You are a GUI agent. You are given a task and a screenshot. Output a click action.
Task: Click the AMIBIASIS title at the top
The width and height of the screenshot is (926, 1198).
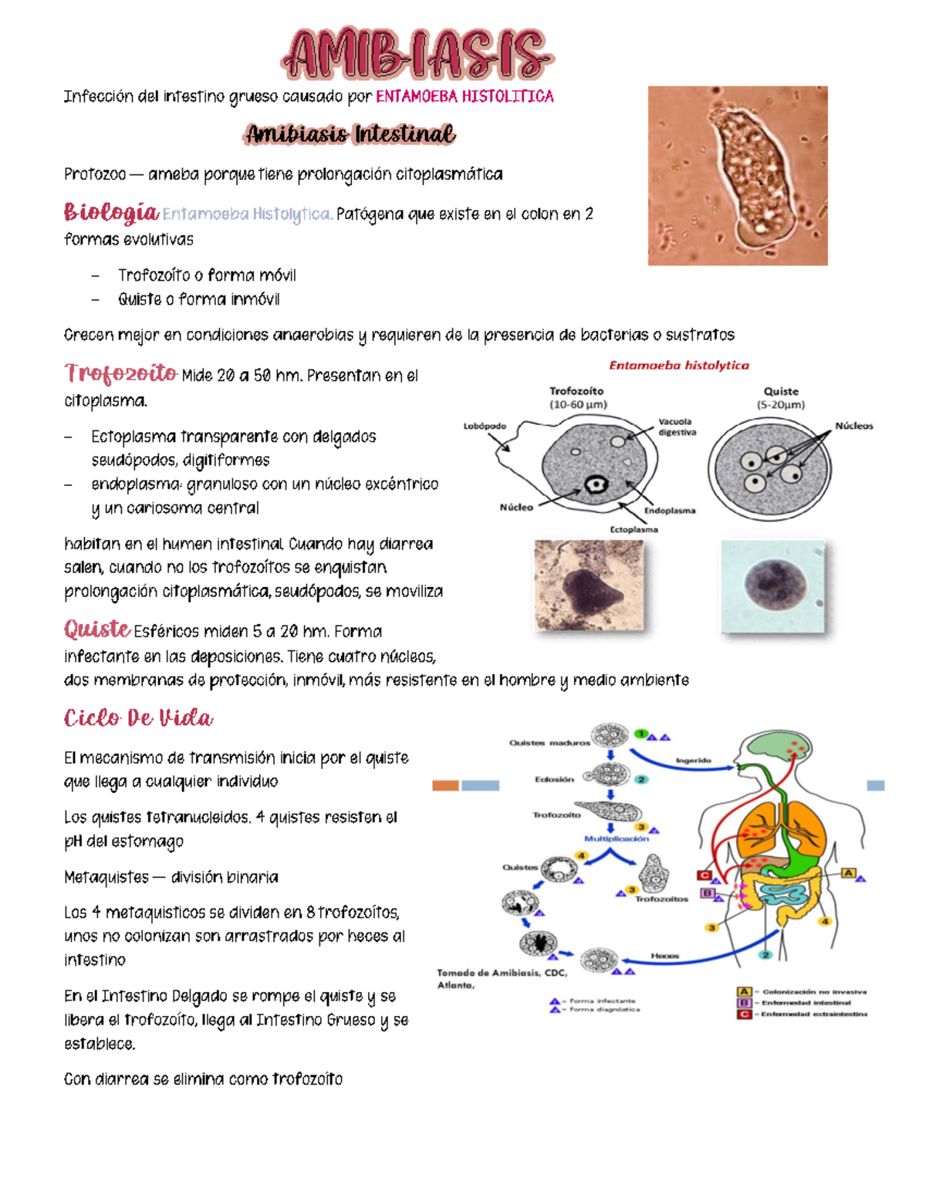point(417,56)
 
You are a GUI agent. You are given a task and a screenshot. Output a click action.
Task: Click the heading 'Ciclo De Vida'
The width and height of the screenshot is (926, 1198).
point(138,719)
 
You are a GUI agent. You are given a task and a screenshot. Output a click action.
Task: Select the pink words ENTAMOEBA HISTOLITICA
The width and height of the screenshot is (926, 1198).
point(465,96)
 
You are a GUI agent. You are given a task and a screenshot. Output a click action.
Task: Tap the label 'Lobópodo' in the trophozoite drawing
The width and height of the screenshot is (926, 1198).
point(485,426)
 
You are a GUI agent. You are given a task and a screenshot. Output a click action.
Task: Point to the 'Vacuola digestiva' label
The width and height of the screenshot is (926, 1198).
point(677,427)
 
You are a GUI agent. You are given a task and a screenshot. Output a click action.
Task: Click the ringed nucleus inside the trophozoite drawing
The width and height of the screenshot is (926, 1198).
point(596,484)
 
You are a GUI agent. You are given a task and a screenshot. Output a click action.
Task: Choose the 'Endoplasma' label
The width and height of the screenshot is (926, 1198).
point(669,511)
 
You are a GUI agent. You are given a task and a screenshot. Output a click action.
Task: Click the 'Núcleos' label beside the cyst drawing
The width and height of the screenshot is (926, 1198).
point(853,426)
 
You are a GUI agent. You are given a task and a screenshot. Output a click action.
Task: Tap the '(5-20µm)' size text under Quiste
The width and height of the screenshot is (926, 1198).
point(780,404)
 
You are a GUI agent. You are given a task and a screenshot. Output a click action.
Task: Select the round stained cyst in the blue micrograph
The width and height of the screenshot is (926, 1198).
point(772,585)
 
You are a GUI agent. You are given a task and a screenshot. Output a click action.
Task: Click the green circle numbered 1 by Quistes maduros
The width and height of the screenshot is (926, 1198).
point(640,734)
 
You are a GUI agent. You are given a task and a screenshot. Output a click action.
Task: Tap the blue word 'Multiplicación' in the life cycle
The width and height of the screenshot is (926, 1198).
point(616,839)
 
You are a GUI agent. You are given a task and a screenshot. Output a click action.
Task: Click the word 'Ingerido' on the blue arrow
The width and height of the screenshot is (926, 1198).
point(693,761)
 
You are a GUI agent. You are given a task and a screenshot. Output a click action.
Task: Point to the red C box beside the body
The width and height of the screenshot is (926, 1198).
point(704,875)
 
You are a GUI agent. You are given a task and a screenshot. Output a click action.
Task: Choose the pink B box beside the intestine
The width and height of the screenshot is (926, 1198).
point(707,893)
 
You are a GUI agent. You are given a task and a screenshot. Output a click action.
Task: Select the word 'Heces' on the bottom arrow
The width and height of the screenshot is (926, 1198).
point(664,956)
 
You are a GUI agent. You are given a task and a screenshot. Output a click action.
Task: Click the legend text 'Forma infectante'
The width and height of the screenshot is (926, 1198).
point(602,1001)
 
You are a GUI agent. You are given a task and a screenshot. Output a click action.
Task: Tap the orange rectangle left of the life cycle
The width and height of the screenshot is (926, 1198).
point(445,785)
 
